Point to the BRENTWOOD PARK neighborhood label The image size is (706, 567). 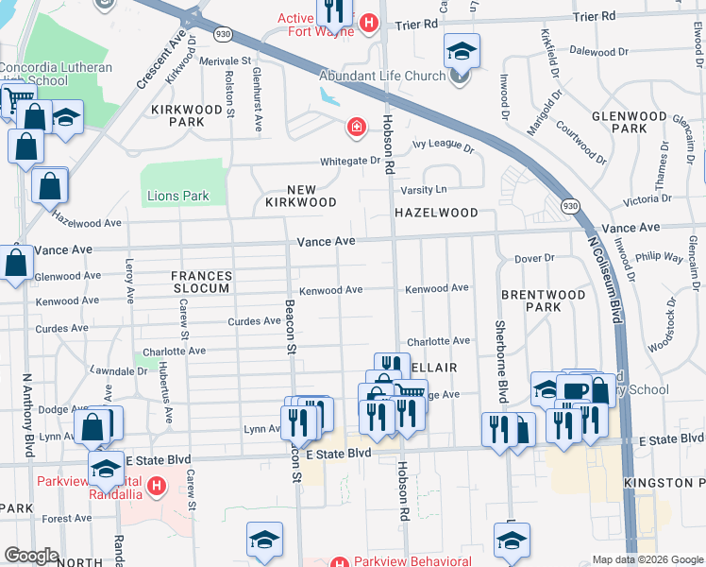[x=543, y=301]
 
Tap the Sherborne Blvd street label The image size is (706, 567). [x=501, y=363]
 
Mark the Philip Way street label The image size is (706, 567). [x=660, y=257]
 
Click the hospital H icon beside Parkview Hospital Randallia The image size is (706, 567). [x=158, y=487]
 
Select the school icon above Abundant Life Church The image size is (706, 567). [x=462, y=49]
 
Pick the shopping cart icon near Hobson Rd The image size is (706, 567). [x=410, y=392]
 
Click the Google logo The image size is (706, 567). [x=30, y=556]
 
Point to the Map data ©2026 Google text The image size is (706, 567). [x=647, y=559]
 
